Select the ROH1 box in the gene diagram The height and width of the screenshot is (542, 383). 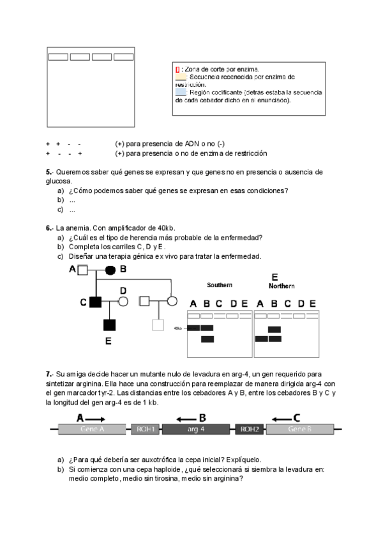point(145,430)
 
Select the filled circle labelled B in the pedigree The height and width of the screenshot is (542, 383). point(110,270)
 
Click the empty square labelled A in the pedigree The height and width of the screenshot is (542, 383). point(82,270)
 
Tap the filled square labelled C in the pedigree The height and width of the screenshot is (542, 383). point(96,301)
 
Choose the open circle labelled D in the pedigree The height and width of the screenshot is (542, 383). point(124,301)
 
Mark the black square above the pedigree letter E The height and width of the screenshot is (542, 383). point(110,325)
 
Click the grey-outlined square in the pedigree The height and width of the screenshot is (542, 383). point(158,325)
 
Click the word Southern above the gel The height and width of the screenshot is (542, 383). point(219,284)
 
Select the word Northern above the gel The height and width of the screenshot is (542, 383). point(282,286)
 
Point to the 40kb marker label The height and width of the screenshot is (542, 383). point(178,329)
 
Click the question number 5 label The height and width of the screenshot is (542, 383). point(49,173)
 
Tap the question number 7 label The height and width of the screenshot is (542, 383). point(49,373)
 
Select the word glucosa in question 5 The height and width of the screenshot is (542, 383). point(57,181)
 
